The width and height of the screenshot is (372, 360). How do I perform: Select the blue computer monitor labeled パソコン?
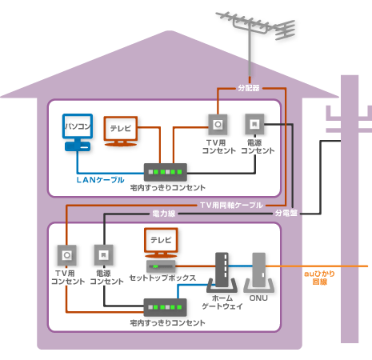[x=78, y=132]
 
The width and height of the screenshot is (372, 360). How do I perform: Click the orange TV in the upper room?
[x=122, y=131]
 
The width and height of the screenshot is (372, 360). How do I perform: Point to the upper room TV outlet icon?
[x=216, y=124]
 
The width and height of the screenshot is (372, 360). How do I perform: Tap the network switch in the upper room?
[x=165, y=171]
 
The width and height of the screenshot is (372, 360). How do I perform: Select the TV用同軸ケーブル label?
[x=231, y=206]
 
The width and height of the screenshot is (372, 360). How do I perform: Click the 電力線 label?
[x=162, y=214]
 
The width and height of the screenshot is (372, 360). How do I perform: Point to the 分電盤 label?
[x=286, y=214]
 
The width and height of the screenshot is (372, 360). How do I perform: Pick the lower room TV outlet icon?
[x=67, y=256]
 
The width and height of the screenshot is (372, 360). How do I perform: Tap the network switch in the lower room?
[x=165, y=306]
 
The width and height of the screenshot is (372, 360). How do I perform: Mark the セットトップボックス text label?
[x=162, y=279]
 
